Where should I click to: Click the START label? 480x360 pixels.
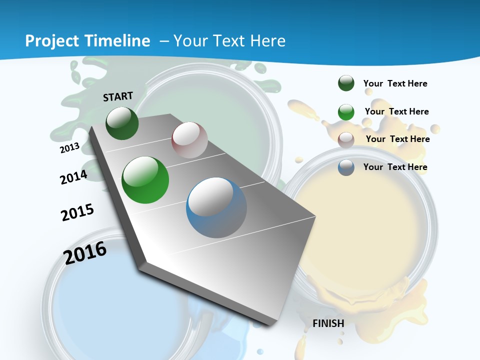[118, 96]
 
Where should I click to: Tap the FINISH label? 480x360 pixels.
[328, 323]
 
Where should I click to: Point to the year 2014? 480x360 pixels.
[73, 177]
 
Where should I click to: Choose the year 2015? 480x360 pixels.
[77, 212]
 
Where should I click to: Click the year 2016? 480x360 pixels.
[85, 253]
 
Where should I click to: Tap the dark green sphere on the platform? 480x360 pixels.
[122, 123]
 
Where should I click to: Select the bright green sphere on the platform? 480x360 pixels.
[145, 180]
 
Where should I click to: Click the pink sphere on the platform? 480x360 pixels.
[189, 140]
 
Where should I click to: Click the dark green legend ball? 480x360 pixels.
[346, 83]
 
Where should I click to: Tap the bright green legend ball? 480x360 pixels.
[346, 112]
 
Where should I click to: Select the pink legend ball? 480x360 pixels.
[346, 139]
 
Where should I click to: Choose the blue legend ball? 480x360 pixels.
[346, 167]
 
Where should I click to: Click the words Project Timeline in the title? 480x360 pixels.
[87, 41]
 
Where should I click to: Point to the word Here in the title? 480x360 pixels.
[267, 41]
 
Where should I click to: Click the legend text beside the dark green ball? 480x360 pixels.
[395, 83]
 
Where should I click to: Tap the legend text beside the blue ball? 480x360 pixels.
[395, 167]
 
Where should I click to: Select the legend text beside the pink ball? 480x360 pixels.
[397, 139]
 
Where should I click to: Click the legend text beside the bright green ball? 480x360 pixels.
[396, 111]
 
